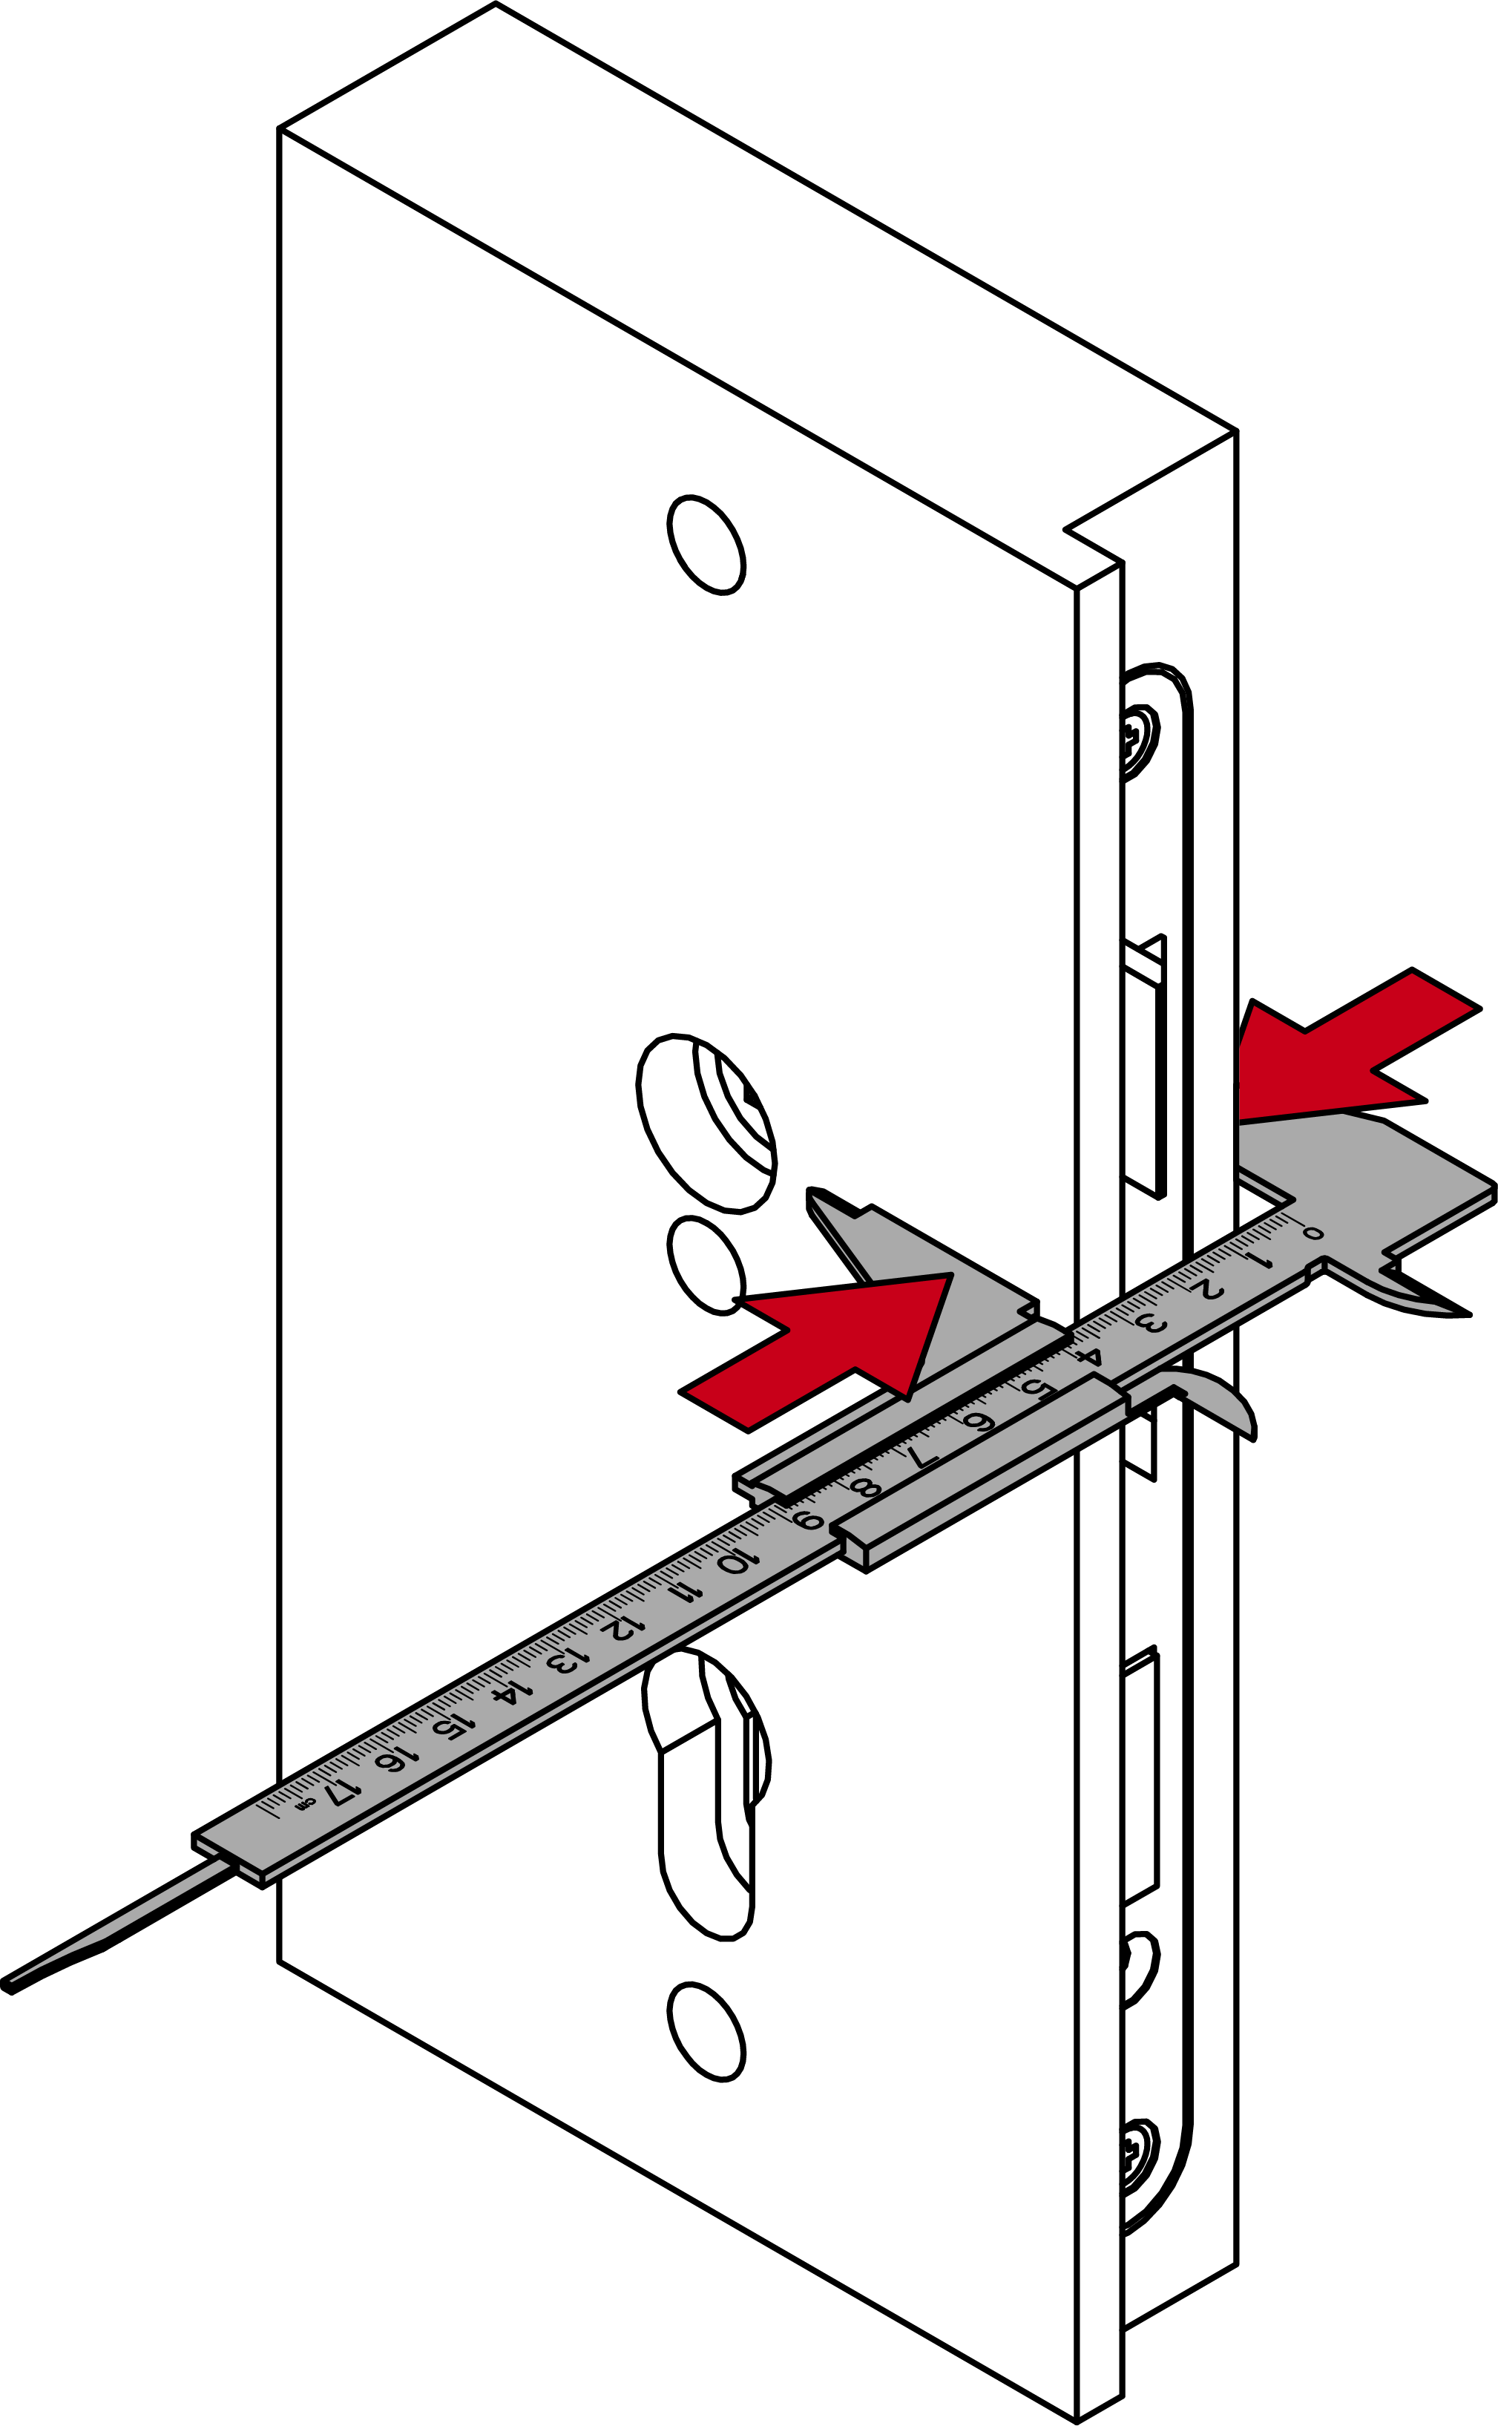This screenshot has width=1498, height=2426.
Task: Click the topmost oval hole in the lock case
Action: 706,544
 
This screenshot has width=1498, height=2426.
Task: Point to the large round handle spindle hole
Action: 706,1124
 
